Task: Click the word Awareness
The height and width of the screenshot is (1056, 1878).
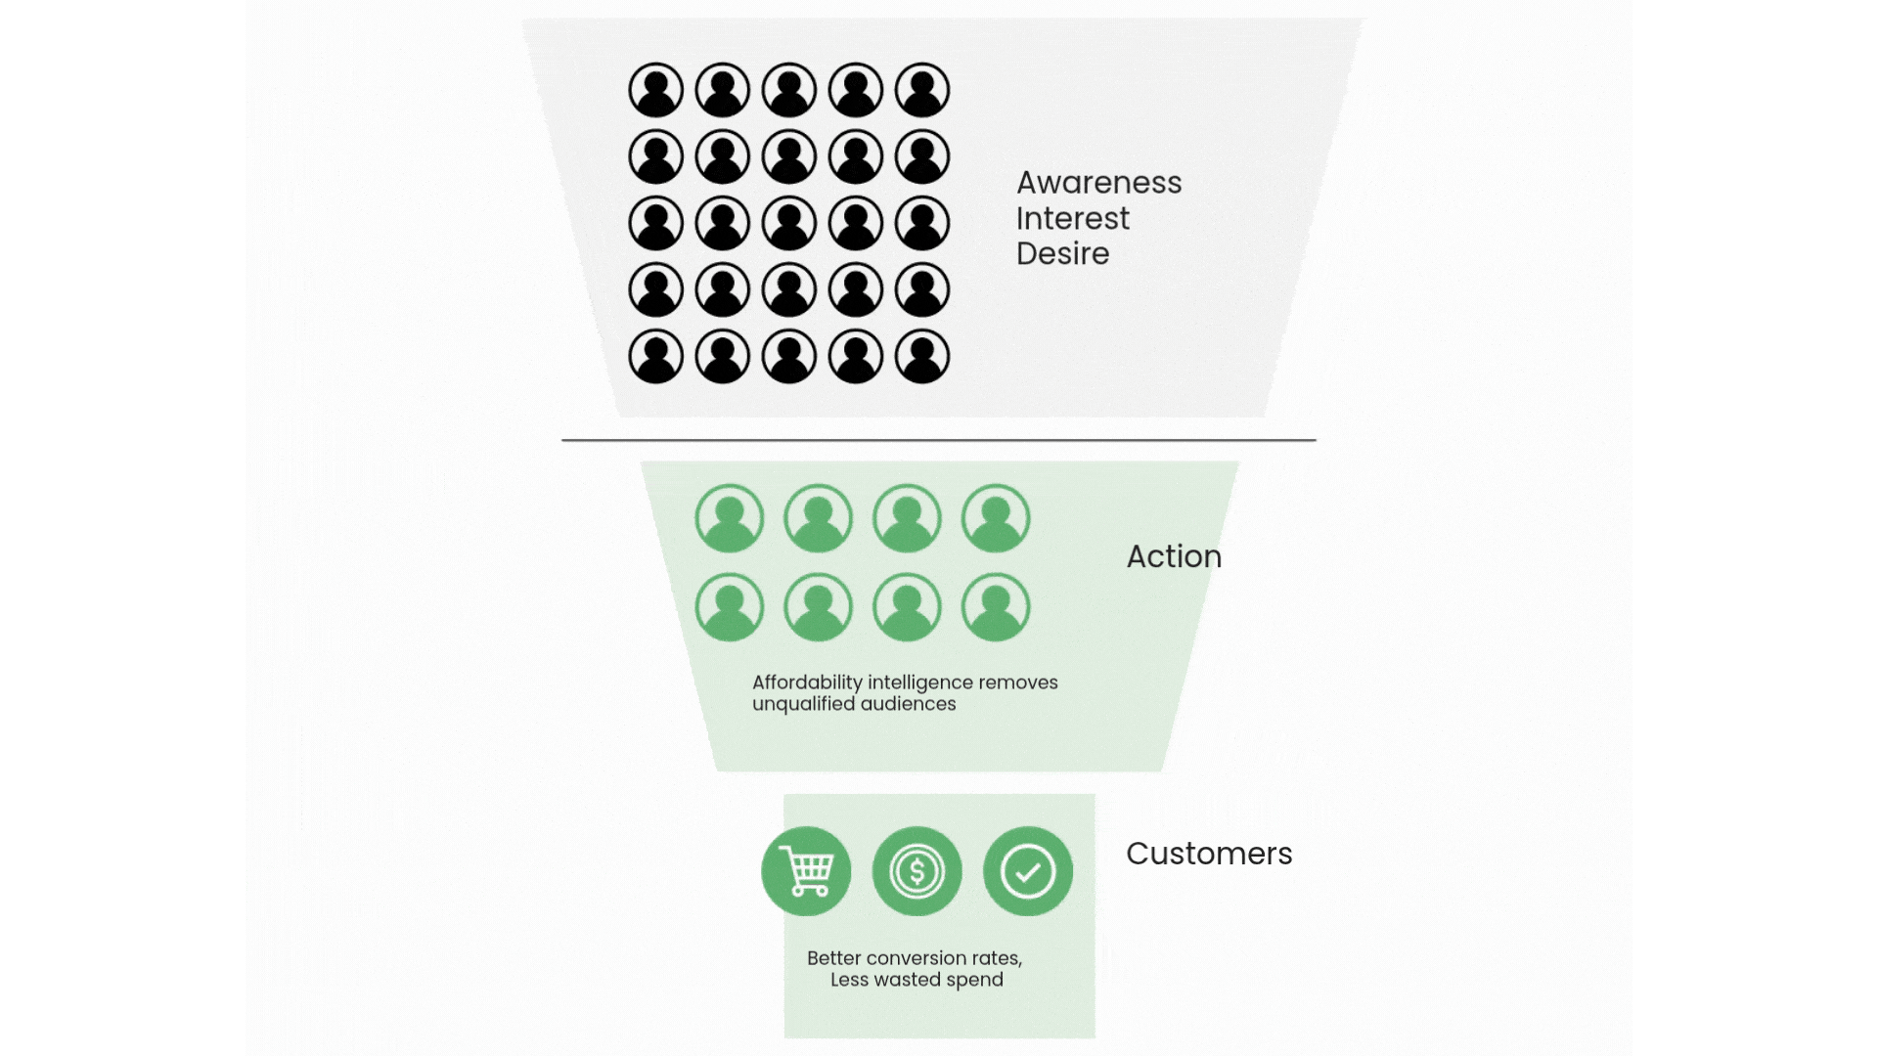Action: (1098, 183)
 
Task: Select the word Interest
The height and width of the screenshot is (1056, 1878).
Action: (1072, 219)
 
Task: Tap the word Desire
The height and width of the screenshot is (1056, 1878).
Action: (1062, 254)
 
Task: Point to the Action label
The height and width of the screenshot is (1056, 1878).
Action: (1174, 556)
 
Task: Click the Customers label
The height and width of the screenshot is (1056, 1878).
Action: (1209, 854)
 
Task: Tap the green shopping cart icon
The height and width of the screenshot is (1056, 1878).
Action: (806, 871)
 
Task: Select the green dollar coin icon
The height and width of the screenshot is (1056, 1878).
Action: (917, 871)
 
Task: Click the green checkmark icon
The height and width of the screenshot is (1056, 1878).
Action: (1028, 871)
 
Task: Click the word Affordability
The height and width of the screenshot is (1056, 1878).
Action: (807, 682)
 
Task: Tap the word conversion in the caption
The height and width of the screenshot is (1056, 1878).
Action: (917, 958)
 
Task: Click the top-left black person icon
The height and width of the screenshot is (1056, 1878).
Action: (655, 90)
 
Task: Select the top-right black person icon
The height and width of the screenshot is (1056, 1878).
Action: (922, 90)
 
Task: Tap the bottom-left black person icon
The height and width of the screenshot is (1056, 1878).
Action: (655, 356)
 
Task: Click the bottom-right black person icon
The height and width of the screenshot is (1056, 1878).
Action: (922, 356)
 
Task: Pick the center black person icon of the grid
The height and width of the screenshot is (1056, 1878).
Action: (789, 223)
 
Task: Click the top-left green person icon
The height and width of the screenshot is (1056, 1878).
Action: (730, 518)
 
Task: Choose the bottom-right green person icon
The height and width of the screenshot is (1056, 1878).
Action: (996, 607)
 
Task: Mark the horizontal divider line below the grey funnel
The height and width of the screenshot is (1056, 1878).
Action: (939, 440)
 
